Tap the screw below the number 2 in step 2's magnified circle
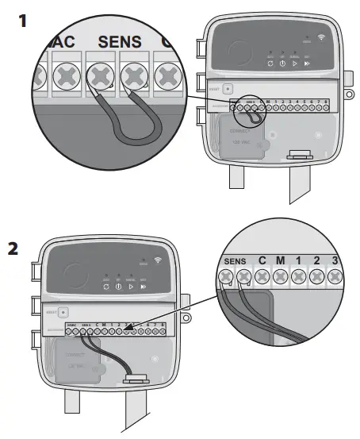318,277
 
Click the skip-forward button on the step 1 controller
309,63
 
